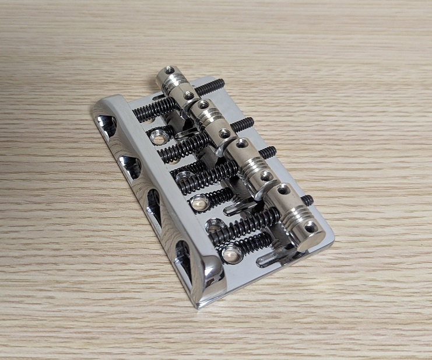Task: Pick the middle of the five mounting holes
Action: (198, 204)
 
